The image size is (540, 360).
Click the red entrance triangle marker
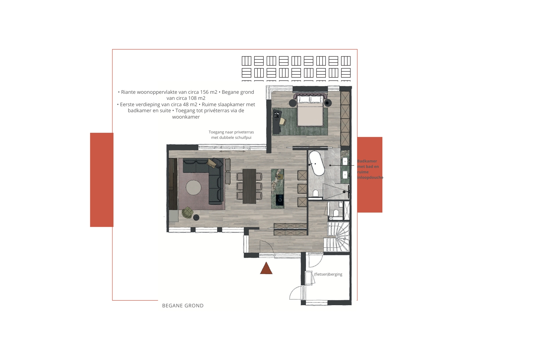266,268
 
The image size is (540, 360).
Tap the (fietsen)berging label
328,274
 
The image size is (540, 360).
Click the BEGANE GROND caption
183,306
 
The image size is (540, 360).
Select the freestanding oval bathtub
316,163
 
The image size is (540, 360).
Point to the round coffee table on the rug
193,188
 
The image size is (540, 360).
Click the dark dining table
249,186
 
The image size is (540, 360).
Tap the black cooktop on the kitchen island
280,200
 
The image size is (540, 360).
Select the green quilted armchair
188,212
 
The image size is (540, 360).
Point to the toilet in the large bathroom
316,194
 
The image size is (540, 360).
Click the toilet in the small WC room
335,213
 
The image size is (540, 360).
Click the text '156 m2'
208,92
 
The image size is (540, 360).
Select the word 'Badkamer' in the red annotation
367,161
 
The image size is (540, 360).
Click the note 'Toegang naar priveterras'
231,132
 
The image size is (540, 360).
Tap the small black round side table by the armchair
197,217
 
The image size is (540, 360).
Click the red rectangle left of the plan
102,180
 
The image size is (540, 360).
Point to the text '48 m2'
190,104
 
